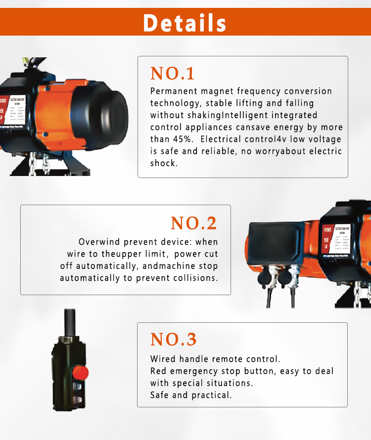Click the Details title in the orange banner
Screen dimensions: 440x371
185,23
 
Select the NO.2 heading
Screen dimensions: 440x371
194,223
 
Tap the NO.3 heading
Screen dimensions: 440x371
173,340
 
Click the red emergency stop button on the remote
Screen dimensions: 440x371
80,371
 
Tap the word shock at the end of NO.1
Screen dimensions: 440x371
163,163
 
